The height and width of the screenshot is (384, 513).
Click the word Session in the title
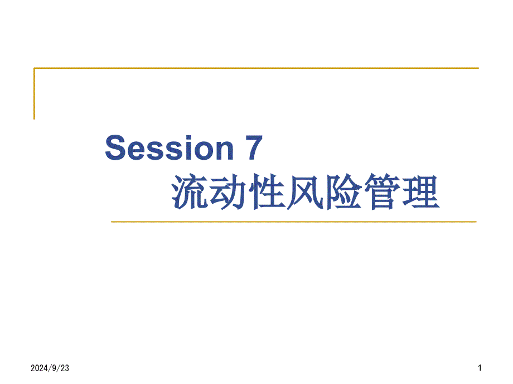tap(170, 149)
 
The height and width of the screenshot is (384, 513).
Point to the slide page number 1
tap(480, 368)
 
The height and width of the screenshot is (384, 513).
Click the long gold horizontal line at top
tap(256, 68)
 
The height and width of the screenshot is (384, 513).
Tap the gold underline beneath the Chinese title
tap(293, 221)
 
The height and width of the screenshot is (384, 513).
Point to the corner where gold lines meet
tap(35, 68)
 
